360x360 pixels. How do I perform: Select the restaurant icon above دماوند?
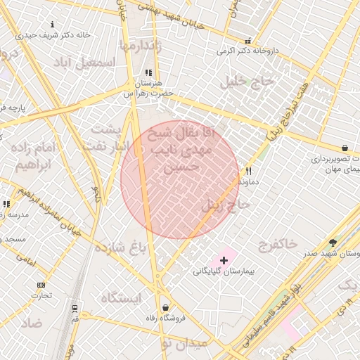pos(248,171)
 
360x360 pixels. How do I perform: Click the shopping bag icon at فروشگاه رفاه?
pos(165,307)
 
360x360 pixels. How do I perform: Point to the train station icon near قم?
pos(75,309)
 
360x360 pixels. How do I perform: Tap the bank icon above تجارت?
pos(41,285)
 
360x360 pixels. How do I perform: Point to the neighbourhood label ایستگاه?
pos(121,297)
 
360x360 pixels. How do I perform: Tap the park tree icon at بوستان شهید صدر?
pos(333,243)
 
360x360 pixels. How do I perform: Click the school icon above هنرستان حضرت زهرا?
pos(148,72)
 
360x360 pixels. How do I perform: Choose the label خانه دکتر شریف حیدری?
pos(46,34)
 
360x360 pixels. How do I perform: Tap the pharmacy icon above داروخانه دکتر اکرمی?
pos(247,41)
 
